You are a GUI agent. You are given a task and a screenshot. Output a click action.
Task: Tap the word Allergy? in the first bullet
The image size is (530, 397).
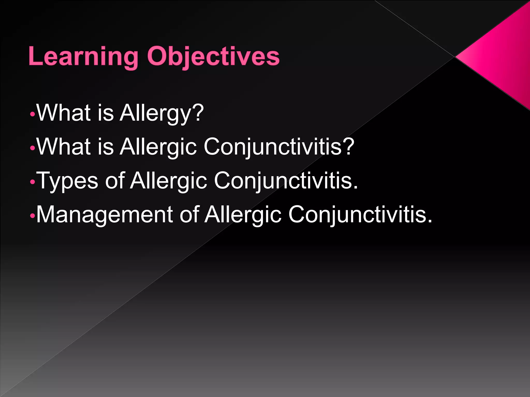[162, 113]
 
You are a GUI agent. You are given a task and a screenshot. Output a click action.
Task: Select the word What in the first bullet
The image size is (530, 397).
[64, 113]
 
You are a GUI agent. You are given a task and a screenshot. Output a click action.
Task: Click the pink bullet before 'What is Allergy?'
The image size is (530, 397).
[32, 114]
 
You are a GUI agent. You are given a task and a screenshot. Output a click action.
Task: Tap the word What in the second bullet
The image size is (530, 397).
[64, 147]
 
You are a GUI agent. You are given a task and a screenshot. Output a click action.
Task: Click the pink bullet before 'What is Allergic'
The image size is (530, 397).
[32, 148]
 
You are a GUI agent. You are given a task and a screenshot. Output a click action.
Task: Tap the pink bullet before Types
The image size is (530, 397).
[32, 182]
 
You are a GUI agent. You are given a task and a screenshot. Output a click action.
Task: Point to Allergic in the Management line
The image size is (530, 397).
[243, 215]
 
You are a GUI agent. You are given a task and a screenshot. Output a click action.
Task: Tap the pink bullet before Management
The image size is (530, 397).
[32, 216]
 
